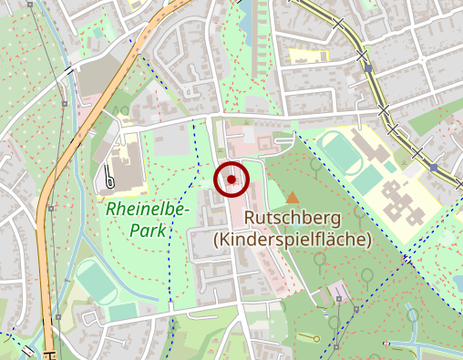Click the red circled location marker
pos(231,180)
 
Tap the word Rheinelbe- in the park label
pos(147,210)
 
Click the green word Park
pos(148,231)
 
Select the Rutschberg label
pos(292,219)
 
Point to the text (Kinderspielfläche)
pos(292,240)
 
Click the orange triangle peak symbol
pos(292,197)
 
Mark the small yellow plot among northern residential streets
pos(301,57)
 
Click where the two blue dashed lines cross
pos(404,261)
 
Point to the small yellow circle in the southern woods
pos(317,339)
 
